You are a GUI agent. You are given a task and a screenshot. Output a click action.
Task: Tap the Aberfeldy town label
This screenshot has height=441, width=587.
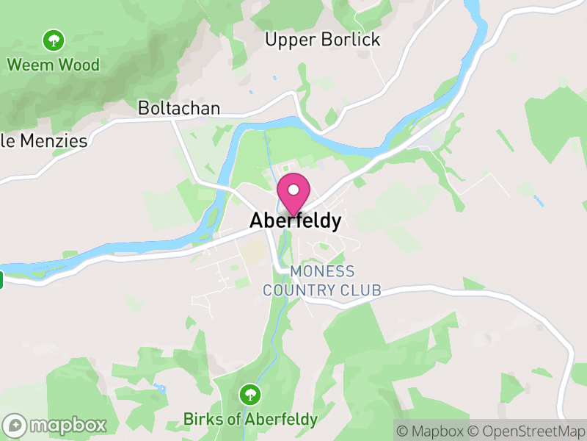(x=295, y=220)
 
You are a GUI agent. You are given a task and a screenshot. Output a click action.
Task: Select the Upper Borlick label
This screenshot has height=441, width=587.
(x=323, y=40)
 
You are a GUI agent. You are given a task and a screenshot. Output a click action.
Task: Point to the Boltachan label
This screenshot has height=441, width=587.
(x=179, y=108)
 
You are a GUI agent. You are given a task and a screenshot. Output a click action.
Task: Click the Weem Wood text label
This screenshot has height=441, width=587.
(x=53, y=65)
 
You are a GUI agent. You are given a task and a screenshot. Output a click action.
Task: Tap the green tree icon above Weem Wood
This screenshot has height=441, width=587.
(x=53, y=39)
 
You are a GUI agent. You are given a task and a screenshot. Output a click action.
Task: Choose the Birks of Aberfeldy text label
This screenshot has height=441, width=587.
(x=250, y=420)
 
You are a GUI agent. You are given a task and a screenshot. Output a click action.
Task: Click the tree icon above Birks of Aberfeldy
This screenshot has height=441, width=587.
(x=250, y=395)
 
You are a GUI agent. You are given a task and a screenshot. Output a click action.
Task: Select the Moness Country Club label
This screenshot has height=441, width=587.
(x=322, y=281)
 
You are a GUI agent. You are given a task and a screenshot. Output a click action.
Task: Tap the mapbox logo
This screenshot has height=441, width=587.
(x=56, y=425)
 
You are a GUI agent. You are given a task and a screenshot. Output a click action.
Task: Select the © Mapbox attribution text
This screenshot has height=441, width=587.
(x=431, y=431)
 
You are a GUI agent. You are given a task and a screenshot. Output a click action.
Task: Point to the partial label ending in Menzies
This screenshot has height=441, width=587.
(x=44, y=141)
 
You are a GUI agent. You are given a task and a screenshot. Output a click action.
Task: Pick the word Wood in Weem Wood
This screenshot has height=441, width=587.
(x=79, y=65)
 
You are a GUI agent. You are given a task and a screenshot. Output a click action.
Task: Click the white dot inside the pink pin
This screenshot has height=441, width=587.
(x=293, y=189)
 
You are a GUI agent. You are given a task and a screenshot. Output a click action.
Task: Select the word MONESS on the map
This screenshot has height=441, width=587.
(x=322, y=272)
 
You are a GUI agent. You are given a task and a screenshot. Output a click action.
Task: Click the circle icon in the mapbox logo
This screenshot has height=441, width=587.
(x=15, y=425)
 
